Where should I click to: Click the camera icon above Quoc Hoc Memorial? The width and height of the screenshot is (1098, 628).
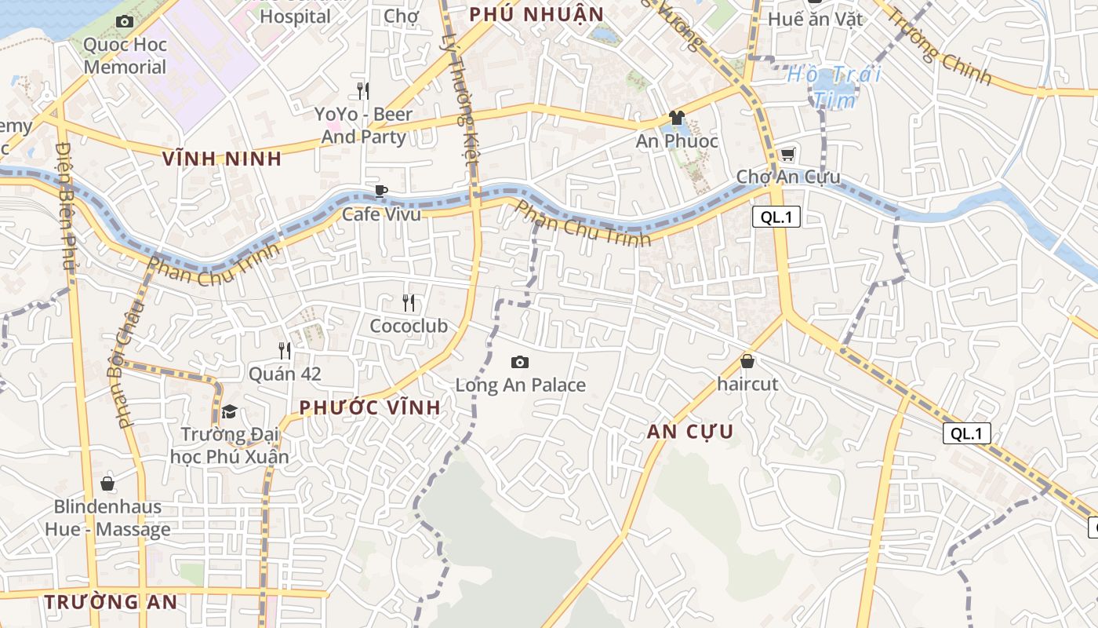125,22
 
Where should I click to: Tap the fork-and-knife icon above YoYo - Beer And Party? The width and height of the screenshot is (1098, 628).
362,90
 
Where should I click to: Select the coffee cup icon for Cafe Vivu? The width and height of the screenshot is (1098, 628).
381,191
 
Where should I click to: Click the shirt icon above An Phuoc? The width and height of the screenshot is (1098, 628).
677,118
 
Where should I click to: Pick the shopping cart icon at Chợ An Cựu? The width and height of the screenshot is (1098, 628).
787,154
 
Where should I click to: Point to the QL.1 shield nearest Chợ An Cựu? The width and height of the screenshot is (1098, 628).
776,217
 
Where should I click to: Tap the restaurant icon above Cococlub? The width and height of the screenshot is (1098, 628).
408,302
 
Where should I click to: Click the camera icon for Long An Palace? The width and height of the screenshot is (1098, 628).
519,362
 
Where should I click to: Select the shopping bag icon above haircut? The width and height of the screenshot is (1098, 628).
747,361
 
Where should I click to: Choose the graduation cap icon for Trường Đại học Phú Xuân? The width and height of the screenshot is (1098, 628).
229,411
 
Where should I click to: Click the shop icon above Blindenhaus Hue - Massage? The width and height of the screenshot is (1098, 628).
107,484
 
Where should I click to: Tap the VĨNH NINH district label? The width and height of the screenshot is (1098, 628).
222,159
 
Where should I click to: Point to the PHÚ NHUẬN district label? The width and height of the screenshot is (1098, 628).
536,14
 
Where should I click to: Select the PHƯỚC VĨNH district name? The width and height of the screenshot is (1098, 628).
370,407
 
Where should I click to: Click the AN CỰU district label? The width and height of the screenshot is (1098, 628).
690,431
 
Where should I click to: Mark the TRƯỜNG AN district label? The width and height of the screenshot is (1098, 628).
111,602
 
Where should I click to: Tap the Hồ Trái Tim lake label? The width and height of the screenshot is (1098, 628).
834,87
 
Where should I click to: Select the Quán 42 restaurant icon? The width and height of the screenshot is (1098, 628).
285,350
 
